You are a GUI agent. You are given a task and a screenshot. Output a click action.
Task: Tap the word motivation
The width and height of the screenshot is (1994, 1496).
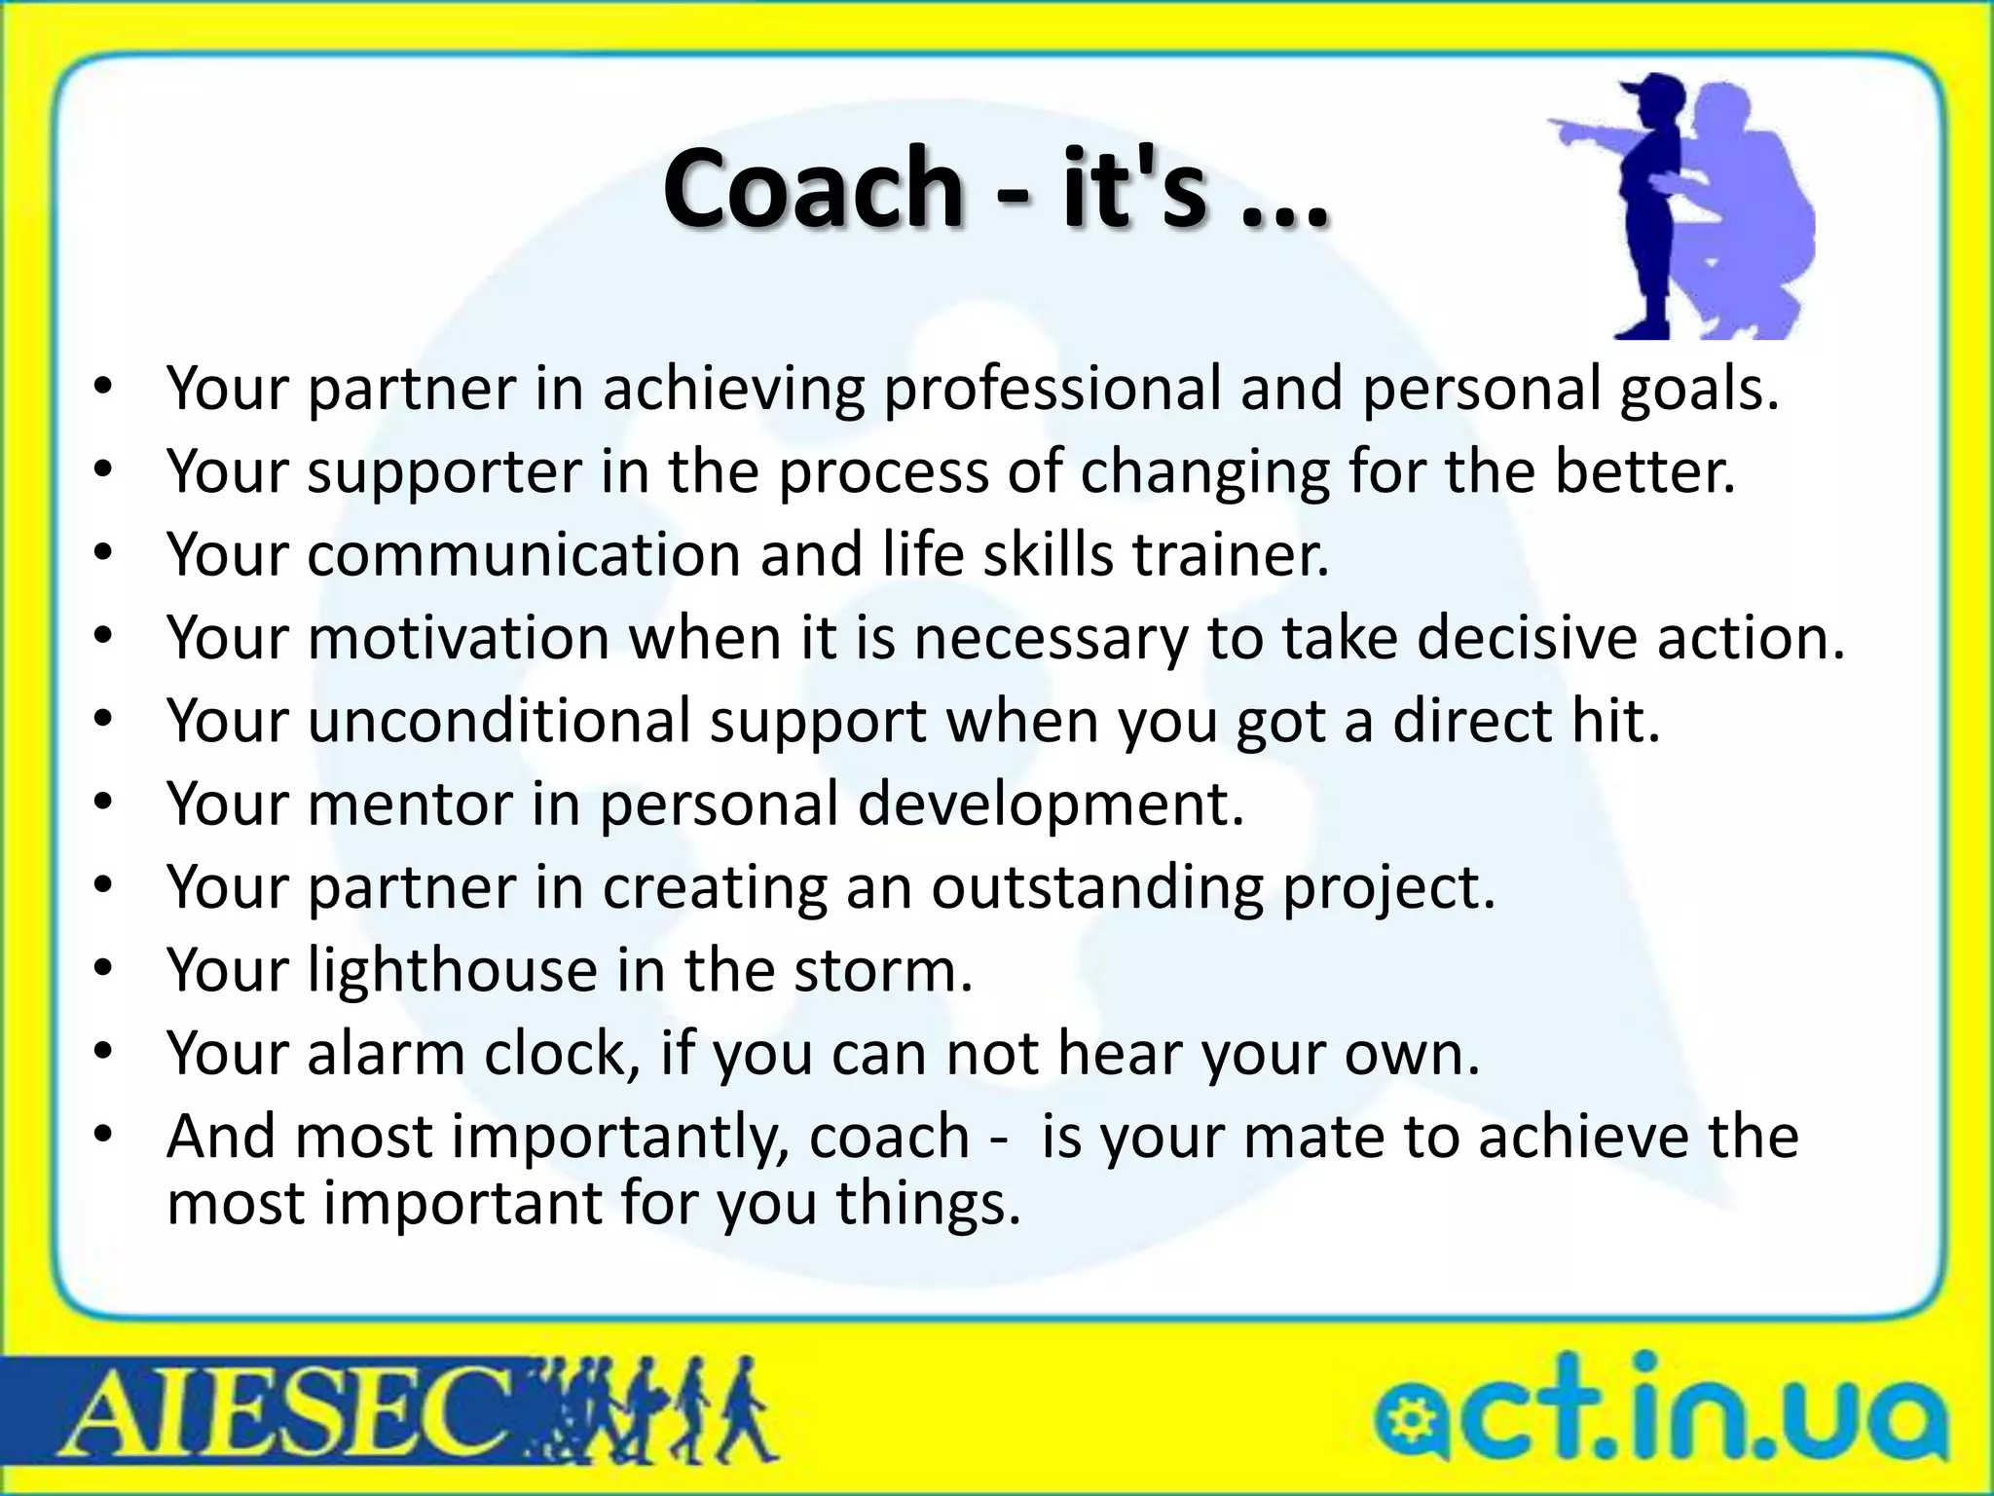pos(459,638)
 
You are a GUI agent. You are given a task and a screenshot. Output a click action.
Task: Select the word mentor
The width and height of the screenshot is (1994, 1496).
pos(409,804)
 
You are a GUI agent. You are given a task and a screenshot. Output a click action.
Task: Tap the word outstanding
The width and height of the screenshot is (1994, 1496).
pos(1095,887)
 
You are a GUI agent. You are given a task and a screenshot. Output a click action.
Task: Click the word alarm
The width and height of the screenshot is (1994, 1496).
pos(386,1054)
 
